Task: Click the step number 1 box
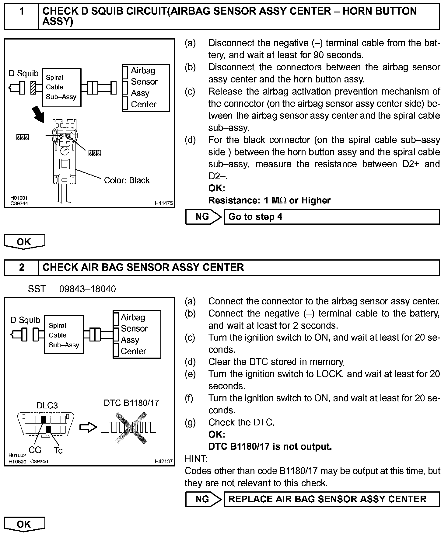coord(21,16)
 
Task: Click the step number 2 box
coord(21,267)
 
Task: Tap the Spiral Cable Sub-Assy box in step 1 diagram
coord(61,88)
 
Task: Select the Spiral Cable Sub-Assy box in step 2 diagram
coord(64,335)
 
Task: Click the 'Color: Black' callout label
coord(127,180)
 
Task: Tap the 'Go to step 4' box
coord(331,217)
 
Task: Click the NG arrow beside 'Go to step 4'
coord(203,217)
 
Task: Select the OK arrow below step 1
coord(24,242)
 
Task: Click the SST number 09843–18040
coord(87,289)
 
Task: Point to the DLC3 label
coord(47,405)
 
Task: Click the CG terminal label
coord(35,450)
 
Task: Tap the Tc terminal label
coord(58,450)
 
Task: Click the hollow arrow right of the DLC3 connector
coord(88,427)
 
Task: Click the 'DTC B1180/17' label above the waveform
coord(131,403)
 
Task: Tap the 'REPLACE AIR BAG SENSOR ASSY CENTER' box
coord(331,499)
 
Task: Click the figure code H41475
coord(164,203)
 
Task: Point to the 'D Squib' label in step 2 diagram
coord(25,320)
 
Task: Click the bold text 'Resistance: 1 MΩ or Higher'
coord(269,200)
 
